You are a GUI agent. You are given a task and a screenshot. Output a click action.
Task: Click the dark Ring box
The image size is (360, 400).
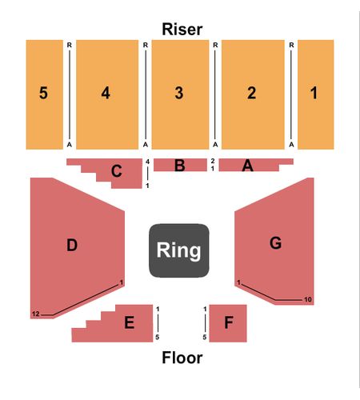pyautogui.click(x=179, y=250)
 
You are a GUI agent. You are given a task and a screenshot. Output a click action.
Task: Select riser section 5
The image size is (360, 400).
pyautogui.click(x=44, y=94)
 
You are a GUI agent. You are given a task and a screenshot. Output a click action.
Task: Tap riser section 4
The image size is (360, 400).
pyautogui.click(x=107, y=94)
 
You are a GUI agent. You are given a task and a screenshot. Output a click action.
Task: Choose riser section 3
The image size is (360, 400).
pyautogui.click(x=180, y=94)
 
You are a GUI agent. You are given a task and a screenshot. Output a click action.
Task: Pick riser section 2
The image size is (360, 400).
pyautogui.click(x=253, y=94)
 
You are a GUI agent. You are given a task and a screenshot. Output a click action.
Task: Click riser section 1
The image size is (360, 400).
pyautogui.click(x=316, y=94)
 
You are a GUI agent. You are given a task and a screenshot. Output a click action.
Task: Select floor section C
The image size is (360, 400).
pyautogui.click(x=118, y=171)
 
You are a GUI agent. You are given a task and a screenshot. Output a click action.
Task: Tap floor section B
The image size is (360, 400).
pyautogui.click(x=180, y=165)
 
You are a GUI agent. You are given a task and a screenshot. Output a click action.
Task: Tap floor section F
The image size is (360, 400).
pyautogui.click(x=228, y=323)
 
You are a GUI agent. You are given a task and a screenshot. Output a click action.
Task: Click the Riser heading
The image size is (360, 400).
pyautogui.click(x=182, y=30)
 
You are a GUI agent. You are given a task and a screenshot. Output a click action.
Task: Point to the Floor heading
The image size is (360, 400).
pyautogui.click(x=182, y=358)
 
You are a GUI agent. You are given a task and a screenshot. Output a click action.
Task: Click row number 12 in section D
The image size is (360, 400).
pyautogui.click(x=36, y=314)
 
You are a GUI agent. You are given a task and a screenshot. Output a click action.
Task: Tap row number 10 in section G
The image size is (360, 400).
pyautogui.click(x=308, y=300)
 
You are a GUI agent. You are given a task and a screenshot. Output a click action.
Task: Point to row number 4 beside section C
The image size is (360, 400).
pyautogui.click(x=147, y=162)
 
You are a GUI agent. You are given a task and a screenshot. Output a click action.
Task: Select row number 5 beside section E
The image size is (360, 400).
pyautogui.click(x=158, y=338)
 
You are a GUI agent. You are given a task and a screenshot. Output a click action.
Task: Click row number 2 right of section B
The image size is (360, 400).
pyautogui.click(x=213, y=161)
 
